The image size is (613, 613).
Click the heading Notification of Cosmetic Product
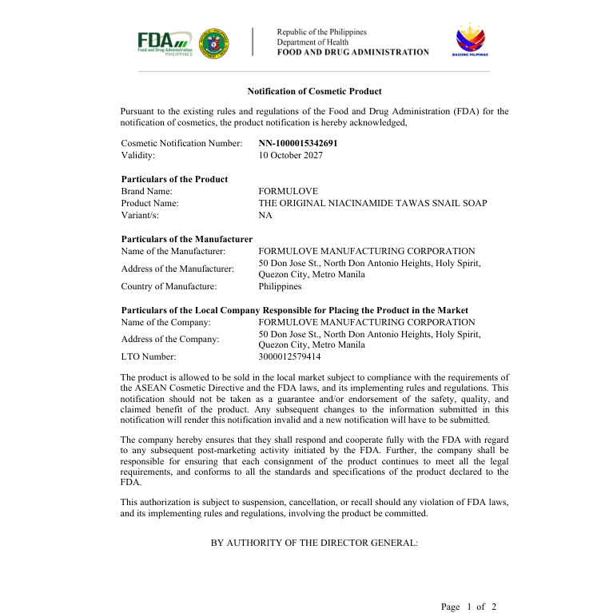314,92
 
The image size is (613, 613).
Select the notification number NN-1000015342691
298,143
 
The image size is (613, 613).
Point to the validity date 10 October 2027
291,155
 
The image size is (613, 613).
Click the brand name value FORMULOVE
289,191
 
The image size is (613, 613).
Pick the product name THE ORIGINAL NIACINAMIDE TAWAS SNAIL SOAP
372,203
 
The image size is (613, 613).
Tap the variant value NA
265,215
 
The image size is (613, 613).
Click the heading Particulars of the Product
174,179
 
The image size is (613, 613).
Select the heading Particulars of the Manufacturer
187,239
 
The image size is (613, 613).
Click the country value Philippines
281,286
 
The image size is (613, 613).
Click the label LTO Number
149,356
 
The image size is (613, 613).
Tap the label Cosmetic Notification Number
181,143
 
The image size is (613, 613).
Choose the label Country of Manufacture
169,286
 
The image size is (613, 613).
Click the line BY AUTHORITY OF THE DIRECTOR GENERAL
314,543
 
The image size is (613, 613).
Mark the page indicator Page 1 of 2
468,607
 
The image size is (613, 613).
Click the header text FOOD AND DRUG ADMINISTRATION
353,53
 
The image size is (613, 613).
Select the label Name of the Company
166,322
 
